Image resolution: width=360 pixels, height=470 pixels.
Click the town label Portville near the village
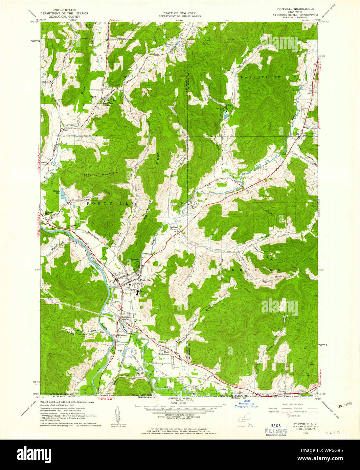tap(145, 280)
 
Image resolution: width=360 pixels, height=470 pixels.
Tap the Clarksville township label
tap(258, 77)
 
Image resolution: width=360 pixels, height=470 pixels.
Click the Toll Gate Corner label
tap(126, 319)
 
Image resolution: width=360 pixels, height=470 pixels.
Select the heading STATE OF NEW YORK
tap(179, 13)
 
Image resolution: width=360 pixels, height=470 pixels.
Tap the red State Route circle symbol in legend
tap(288, 416)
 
